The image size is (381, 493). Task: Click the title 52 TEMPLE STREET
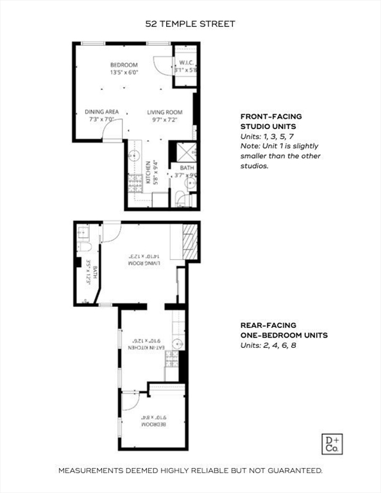coord(190,24)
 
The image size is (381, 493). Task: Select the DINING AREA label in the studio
coord(101,112)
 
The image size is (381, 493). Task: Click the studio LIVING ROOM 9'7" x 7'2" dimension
coord(164,119)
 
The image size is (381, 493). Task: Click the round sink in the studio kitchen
coord(135,155)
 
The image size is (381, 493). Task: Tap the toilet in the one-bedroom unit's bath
coord(86,246)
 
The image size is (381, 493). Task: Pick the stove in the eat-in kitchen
coord(172,371)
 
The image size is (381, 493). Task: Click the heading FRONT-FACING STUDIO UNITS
coord(271,121)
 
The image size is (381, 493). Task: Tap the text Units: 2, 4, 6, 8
coord(269,345)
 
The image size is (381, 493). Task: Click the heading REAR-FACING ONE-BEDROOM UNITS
coord(284,330)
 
